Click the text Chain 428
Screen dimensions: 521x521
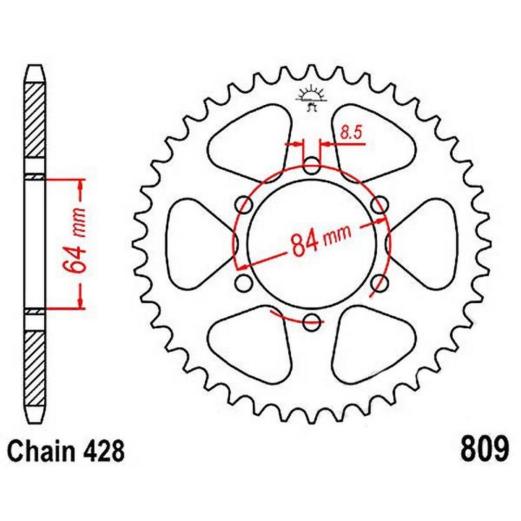67,452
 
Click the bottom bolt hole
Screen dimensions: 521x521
312,322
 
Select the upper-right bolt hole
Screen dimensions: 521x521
380,205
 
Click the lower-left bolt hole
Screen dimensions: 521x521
243,283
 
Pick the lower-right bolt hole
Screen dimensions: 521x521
381,283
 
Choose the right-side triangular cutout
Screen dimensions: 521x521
426,244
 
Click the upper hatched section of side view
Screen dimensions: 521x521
35,120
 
